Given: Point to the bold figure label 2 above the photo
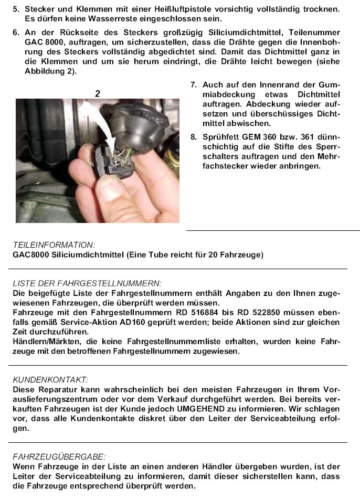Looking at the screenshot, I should point(97,93).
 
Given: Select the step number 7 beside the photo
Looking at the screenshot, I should point(193,85).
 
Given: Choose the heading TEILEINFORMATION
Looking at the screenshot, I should point(54,245).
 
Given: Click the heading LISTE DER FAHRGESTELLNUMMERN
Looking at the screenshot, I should point(87,283).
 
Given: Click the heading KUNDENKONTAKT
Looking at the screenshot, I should point(50,379).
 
